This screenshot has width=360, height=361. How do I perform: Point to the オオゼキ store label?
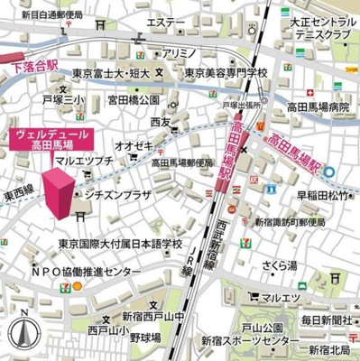click(133, 144)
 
